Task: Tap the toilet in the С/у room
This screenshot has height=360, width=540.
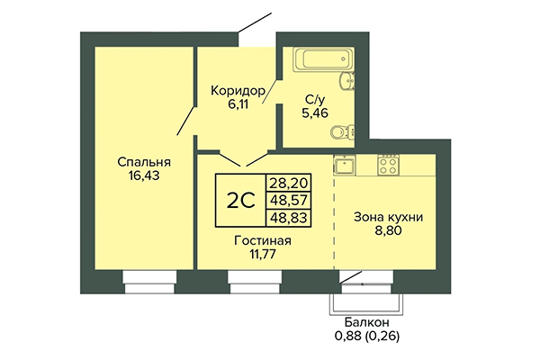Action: point(341,132)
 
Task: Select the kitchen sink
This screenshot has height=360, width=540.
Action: point(344,165)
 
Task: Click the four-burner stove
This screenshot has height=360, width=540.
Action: point(388,165)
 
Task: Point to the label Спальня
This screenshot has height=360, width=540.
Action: point(145,162)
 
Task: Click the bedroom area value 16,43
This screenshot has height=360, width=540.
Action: point(145,177)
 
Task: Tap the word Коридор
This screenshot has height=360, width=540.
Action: point(238,90)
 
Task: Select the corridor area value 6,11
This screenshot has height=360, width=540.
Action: point(238,104)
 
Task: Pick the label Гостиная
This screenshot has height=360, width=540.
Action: point(261,241)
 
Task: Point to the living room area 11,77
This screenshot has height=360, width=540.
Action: point(261,256)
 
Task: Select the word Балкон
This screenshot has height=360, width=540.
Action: point(366,323)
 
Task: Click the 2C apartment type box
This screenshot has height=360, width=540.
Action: point(239,200)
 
